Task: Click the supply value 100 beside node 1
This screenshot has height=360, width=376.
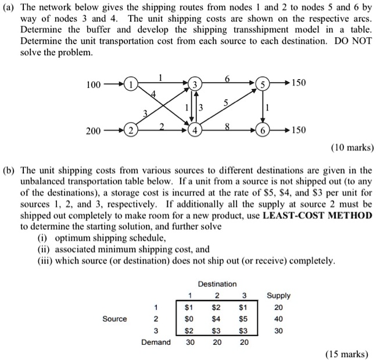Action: (x=93, y=84)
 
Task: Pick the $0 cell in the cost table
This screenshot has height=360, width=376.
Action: (x=188, y=318)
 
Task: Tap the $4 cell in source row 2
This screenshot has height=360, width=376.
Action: (x=216, y=318)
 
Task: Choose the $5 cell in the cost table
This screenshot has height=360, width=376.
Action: (x=244, y=318)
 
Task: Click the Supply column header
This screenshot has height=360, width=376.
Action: (x=278, y=295)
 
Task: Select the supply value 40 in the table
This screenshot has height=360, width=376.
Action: (x=278, y=318)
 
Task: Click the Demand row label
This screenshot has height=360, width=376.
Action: (x=155, y=342)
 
